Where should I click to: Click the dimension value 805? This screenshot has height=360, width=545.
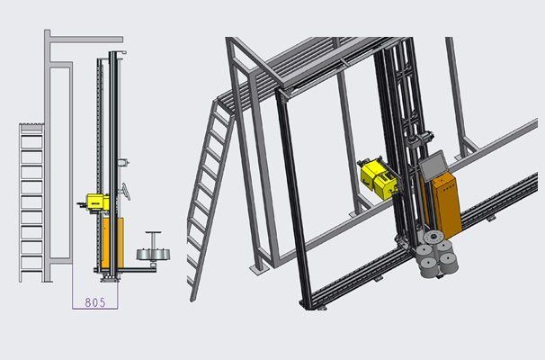(x=95, y=302)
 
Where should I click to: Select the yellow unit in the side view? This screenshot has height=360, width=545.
(x=98, y=202)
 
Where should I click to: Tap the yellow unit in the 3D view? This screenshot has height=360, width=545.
(x=378, y=179)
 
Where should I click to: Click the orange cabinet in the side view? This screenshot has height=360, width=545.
(x=112, y=243)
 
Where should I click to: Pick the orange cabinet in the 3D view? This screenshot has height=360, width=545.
(x=447, y=205)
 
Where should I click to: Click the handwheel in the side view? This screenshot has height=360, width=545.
(x=126, y=192)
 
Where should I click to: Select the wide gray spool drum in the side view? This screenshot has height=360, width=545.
(x=153, y=255)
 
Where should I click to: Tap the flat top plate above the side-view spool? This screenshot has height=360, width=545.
(x=153, y=232)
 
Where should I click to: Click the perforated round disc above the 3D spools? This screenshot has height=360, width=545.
(x=433, y=238)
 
